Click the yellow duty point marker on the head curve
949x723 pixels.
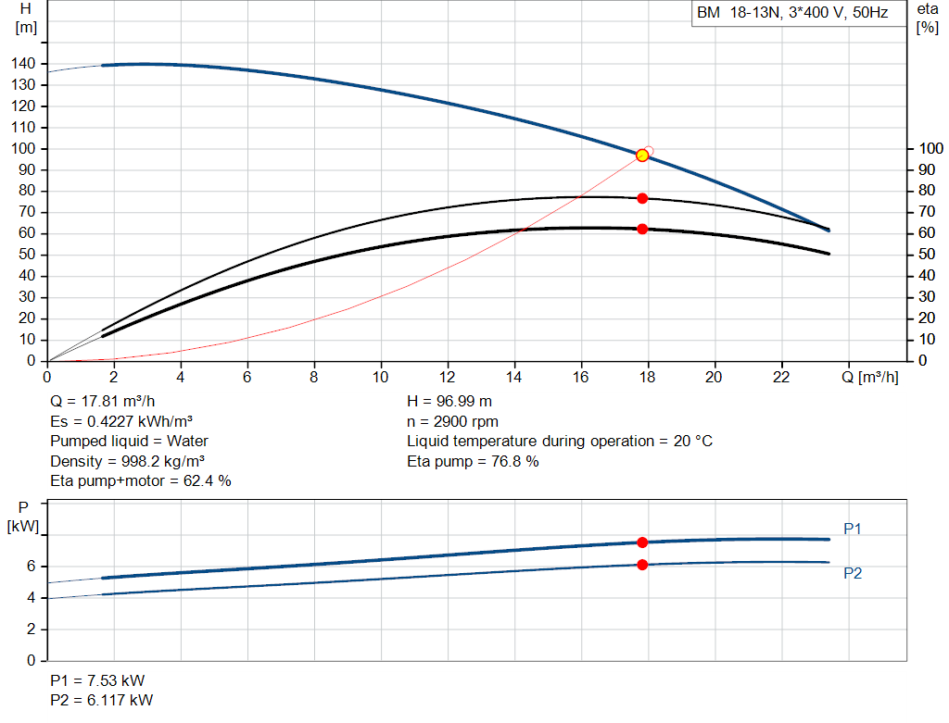tap(642, 156)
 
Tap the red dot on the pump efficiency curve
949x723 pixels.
tap(642, 198)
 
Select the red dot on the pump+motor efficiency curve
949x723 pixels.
tap(642, 229)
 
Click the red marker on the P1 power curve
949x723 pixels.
tap(642, 542)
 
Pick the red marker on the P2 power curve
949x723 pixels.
tap(642, 565)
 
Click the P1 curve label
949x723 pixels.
tap(853, 529)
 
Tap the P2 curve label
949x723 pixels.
tap(853, 573)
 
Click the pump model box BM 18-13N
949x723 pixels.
tap(799, 13)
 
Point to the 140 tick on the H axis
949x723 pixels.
tap(23, 64)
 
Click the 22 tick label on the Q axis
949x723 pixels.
tap(781, 377)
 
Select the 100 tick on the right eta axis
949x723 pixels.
tap(930, 148)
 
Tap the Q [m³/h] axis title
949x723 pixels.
tap(869, 377)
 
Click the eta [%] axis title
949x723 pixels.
tap(927, 19)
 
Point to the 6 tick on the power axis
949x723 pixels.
tap(31, 567)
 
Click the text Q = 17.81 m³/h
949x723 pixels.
tap(102, 402)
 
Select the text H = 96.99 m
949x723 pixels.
tap(449, 402)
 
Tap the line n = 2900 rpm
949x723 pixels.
tap(452, 421)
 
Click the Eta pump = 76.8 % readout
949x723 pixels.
tap(473, 461)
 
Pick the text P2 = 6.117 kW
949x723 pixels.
tap(102, 700)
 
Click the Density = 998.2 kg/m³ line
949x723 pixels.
tap(127, 461)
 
